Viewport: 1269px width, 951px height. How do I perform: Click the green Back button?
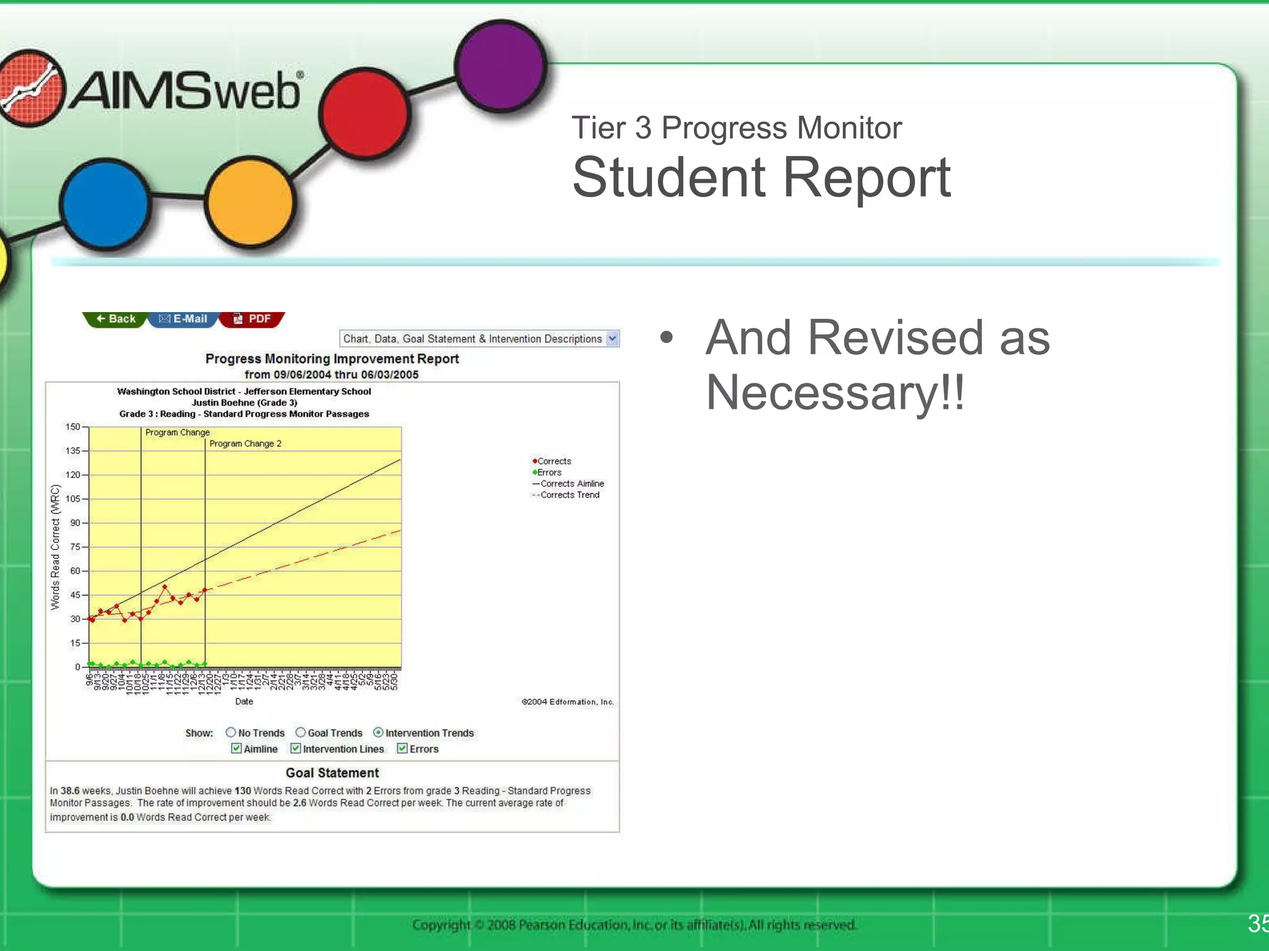(116, 319)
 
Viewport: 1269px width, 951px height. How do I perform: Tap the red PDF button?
(252, 319)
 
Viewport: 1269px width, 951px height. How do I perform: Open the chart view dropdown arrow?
(612, 339)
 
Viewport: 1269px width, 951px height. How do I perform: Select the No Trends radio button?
(231, 732)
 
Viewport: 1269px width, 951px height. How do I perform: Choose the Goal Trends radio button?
(301, 732)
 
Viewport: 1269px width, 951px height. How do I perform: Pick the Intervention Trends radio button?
(378, 732)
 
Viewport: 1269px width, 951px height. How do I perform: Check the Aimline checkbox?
(237, 749)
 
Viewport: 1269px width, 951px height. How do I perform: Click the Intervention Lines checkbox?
(296, 749)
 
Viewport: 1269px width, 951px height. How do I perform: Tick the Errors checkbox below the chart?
(402, 749)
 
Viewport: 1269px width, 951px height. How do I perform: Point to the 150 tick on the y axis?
(73, 427)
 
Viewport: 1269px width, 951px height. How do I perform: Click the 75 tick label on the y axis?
(75, 547)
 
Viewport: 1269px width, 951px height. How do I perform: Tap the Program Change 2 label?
(245, 444)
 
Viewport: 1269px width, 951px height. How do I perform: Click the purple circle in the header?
(501, 66)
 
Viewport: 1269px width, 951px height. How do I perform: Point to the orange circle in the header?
(250, 202)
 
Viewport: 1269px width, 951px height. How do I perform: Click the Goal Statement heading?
(332, 773)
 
